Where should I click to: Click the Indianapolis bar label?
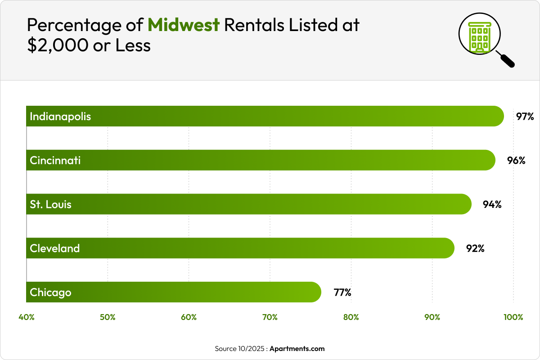(60, 117)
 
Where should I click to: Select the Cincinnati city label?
(55, 160)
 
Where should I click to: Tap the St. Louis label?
(50, 204)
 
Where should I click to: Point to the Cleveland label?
(54, 248)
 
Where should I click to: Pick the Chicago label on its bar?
(50, 292)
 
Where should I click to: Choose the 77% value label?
(342, 292)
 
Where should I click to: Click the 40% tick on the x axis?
(27, 317)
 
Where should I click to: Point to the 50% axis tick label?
(108, 317)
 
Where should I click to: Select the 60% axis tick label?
(189, 317)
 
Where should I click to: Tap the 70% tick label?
(270, 317)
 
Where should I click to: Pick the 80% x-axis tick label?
(351, 317)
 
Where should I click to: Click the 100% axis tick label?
(513, 317)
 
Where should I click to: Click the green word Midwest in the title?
(184, 25)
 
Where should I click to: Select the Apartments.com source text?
(297, 349)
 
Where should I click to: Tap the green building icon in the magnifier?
(480, 36)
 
